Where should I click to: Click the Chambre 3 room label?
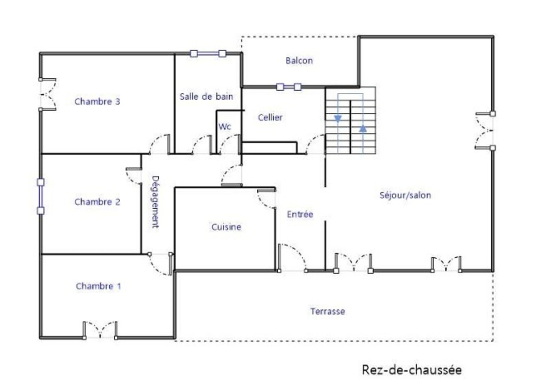(x=97, y=102)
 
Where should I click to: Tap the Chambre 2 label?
(x=97, y=202)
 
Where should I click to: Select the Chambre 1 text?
(x=98, y=286)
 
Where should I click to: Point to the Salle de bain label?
(x=207, y=97)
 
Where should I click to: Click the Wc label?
(x=225, y=127)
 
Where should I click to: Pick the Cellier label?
(x=270, y=117)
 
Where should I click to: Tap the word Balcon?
(x=299, y=61)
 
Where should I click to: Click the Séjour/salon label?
(x=405, y=195)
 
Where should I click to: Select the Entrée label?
(x=300, y=214)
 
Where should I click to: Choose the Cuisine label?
(x=226, y=227)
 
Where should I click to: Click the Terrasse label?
(x=327, y=311)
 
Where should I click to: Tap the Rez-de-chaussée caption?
(x=412, y=370)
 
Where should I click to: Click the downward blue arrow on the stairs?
(x=338, y=119)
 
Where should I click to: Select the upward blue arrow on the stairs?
(x=363, y=129)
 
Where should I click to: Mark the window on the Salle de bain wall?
(x=208, y=53)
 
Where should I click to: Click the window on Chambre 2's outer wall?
(x=41, y=196)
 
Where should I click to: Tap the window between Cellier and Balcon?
(x=289, y=87)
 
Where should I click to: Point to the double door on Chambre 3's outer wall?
(x=47, y=94)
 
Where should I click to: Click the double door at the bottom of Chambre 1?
(x=100, y=330)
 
